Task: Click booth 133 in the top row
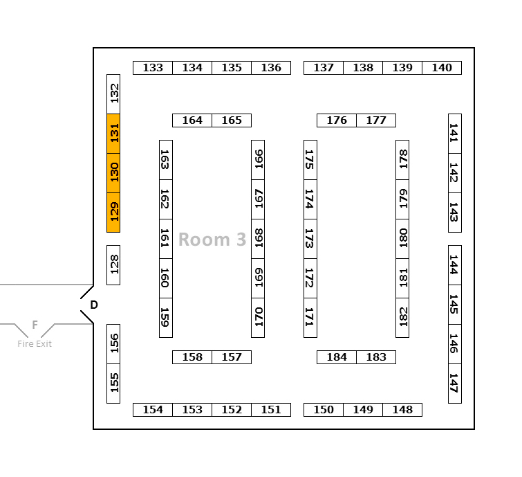[x=153, y=68]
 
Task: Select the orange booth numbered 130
[x=114, y=172]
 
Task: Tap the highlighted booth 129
[x=114, y=212]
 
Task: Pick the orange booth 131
[x=114, y=133]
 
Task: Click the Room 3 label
[x=212, y=240]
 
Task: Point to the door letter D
[x=94, y=305]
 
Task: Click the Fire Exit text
[x=35, y=343]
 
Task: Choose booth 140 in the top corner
[x=442, y=68]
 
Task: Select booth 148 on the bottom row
[x=402, y=410]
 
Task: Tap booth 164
[x=192, y=120]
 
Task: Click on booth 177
[x=376, y=120]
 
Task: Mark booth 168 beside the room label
[x=258, y=239]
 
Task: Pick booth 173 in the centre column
[x=310, y=239]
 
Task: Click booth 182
[x=402, y=318]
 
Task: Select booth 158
[x=192, y=357]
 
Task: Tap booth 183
[x=376, y=357]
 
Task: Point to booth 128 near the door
[x=114, y=264]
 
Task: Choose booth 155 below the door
[x=114, y=383]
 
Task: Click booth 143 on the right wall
[x=454, y=213]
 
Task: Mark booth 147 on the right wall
[x=454, y=383]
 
